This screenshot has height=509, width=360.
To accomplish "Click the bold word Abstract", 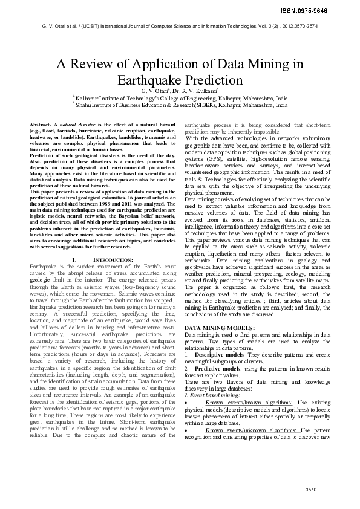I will pyautogui.click(x=41, y=124).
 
